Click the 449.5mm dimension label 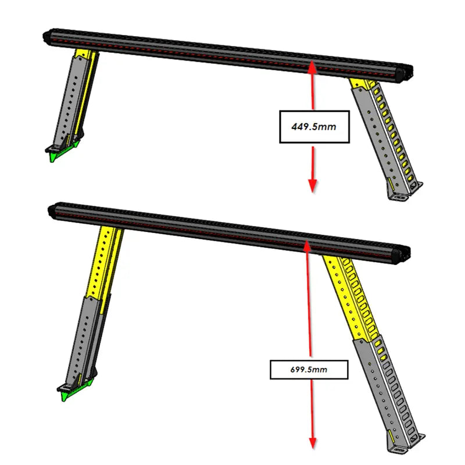click(314, 126)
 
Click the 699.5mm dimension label click(310, 369)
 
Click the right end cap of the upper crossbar click(402, 73)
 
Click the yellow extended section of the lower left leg click(105, 262)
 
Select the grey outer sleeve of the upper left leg click(73, 99)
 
